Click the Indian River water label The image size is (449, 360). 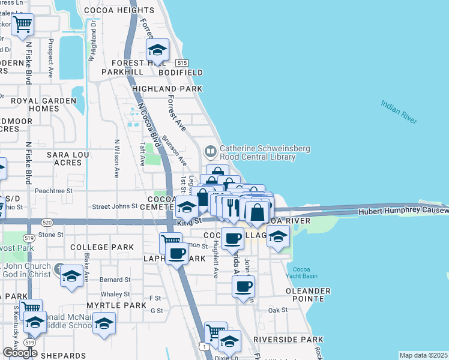point(399,112)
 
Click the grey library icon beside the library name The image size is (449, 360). point(210,150)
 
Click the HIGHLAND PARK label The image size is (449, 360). point(167,89)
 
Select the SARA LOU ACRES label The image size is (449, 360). point(64,158)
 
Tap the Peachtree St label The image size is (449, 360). point(53,191)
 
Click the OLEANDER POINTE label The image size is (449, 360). point(309,295)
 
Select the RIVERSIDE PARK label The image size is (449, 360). point(289,340)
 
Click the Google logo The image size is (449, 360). point(19,352)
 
